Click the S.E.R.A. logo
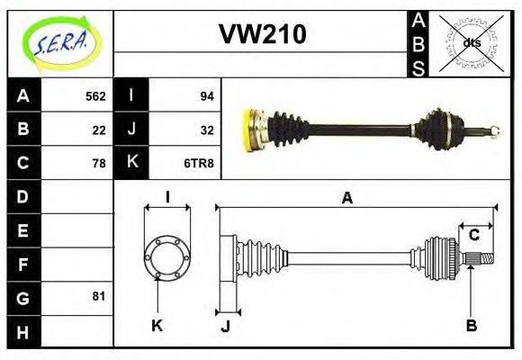(60, 42)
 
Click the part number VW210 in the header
(263, 34)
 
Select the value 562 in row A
(95, 96)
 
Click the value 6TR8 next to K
(199, 163)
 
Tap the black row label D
(23, 196)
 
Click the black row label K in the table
(132, 163)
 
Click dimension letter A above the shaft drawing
(346, 199)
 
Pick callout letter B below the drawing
(472, 325)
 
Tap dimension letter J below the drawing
(225, 325)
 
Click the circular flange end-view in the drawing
(167, 258)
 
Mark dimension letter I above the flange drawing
(167, 198)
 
